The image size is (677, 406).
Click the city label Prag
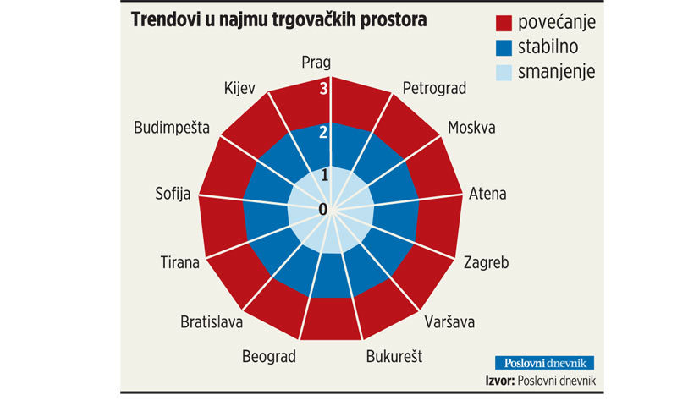tap(316, 63)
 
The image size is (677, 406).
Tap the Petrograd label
tap(434, 88)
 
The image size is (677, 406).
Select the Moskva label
tap(471, 129)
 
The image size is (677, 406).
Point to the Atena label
tap(487, 195)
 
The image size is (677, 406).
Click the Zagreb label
tap(486, 263)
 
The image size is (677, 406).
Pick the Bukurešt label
tap(394, 356)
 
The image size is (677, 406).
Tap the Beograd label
tap(268, 356)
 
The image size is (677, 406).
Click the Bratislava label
tap(212, 322)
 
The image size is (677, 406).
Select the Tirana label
tap(179, 262)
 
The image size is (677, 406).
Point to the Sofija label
tap(173, 191)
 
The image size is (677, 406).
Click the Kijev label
tap(240, 88)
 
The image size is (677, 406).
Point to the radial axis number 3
tap(323, 89)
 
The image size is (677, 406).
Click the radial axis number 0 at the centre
tap(323, 209)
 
